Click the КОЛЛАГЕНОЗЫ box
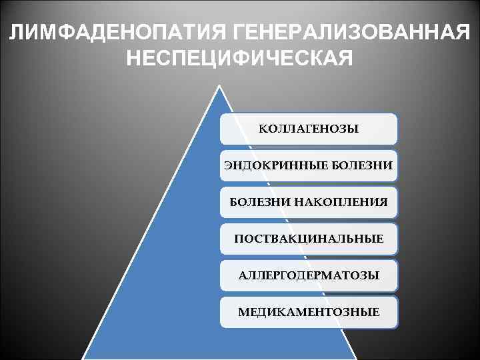pos(309,129)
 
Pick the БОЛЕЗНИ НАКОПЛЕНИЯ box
pos(309,201)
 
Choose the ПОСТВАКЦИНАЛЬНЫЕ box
pos(309,238)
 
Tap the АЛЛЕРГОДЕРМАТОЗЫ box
pos(309,275)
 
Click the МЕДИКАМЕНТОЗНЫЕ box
pos(309,311)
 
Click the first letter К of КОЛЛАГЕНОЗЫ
pos(262,129)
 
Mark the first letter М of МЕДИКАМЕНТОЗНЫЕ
pos(243,311)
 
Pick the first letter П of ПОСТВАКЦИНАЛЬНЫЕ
pos(238,238)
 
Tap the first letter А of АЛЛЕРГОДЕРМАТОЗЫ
pos(241,275)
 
